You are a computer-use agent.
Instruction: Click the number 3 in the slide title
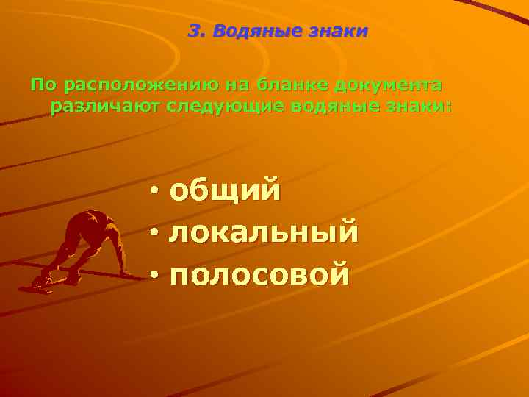[x=195, y=32]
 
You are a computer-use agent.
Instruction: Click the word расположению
[x=137, y=85]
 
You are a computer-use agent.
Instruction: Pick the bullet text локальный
[x=264, y=233]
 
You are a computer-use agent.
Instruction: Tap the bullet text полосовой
[x=259, y=274]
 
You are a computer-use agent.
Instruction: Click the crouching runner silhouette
[x=81, y=246]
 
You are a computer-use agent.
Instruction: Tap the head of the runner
[x=94, y=218]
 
